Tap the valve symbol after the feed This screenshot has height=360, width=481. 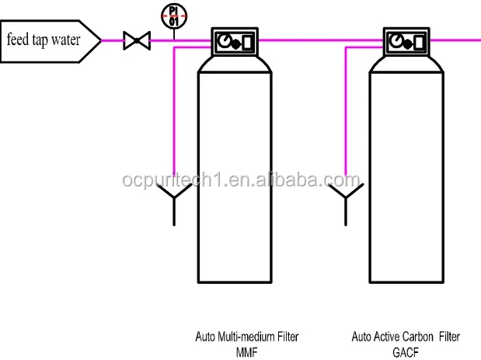pos(136,39)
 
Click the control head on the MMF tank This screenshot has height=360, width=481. pos(235,40)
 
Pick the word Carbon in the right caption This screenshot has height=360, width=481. pos(420,337)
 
